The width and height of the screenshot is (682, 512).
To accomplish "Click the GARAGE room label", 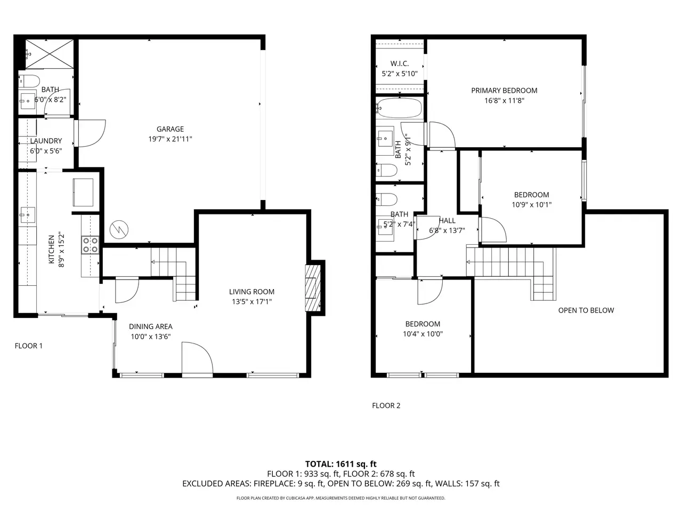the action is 170,129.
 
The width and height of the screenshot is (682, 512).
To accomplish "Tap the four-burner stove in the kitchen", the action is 91,245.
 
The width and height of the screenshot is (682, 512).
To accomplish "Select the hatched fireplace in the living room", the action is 313,288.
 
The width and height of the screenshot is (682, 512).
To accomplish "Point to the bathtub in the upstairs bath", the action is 399,108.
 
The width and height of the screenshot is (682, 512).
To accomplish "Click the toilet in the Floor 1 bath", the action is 29,81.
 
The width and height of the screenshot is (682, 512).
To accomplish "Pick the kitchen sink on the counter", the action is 27,215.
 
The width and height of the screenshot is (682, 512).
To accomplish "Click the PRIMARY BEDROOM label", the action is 504,91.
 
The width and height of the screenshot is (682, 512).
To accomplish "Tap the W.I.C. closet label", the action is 400,63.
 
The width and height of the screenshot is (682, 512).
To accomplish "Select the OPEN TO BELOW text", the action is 586,310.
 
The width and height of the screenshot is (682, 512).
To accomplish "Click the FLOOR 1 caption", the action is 29,346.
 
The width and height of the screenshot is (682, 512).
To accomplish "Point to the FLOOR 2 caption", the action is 386,405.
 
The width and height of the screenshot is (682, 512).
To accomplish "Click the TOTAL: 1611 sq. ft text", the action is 341,464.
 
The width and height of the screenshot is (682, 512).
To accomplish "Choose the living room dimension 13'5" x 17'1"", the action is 251,301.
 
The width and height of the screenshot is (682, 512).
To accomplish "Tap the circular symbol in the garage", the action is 119,230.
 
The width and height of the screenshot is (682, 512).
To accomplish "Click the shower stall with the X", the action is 50,54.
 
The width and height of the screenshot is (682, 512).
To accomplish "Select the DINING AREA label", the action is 151,326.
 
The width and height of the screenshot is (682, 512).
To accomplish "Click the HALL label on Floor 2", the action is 447,221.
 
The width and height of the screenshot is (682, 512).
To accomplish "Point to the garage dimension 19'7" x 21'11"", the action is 170,139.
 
